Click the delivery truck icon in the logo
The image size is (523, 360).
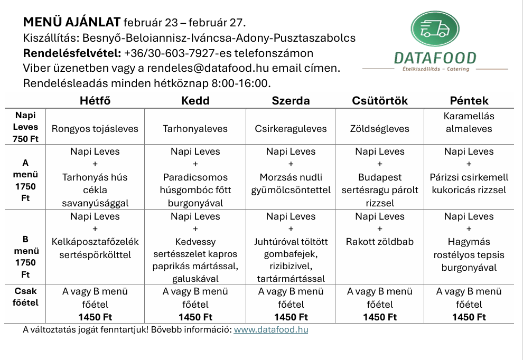pyautogui.click(x=434, y=29)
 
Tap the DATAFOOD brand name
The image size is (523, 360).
pyautogui.click(x=435, y=58)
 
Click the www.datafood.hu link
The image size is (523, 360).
pyautogui.click(x=270, y=330)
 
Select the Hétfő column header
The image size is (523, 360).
pyautogui.click(x=95, y=100)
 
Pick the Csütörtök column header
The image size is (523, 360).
pyautogui.click(x=379, y=100)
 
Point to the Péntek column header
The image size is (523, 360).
pyautogui.click(x=469, y=100)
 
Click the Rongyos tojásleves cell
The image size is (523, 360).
pyautogui.click(x=95, y=128)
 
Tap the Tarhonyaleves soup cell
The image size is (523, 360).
pyautogui.click(x=195, y=128)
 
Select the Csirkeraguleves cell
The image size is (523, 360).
pyautogui.click(x=291, y=128)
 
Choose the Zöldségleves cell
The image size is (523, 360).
pyautogui.click(x=379, y=128)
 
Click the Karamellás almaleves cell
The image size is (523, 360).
pyautogui.click(x=469, y=122)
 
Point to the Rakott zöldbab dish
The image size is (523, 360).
pyautogui.click(x=379, y=242)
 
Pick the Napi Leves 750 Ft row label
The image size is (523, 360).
pyautogui.click(x=26, y=127)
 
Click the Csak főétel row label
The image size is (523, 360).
pyautogui.click(x=26, y=297)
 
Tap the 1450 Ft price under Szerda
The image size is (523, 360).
pyautogui.click(x=291, y=317)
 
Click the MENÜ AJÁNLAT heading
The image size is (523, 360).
pyautogui.click(x=72, y=23)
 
